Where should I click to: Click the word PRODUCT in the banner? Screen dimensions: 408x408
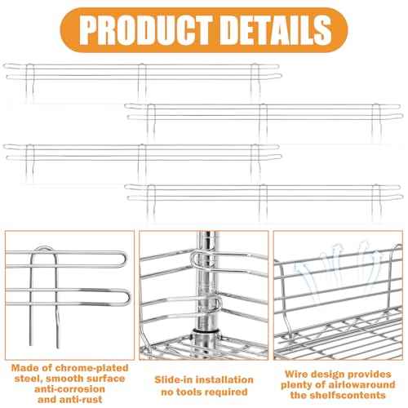[x=146, y=29]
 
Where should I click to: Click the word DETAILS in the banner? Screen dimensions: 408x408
[x=277, y=29]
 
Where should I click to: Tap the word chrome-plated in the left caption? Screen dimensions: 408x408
[x=91, y=368]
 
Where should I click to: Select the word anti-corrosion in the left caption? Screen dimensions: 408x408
[x=69, y=389]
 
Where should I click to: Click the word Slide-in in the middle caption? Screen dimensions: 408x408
[x=174, y=379]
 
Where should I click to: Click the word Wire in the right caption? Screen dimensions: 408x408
[x=296, y=374]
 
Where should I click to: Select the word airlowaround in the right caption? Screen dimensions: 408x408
[x=361, y=384]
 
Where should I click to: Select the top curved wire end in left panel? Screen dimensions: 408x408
[x=124, y=259]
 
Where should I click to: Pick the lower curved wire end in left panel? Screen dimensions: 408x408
[x=126, y=297]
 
